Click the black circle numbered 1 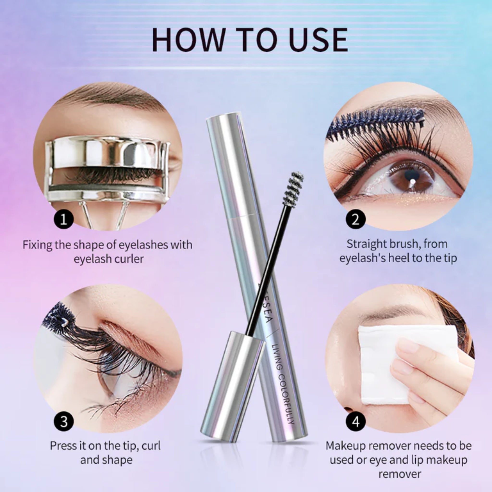64,219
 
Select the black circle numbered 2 356,219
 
